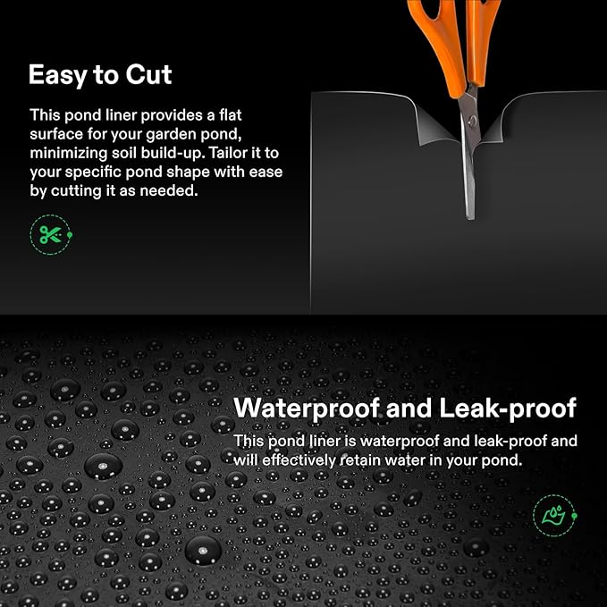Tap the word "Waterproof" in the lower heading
pos(323,409)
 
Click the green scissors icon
pos(48,235)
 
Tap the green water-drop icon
pos(548,516)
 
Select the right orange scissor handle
pos(483,36)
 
